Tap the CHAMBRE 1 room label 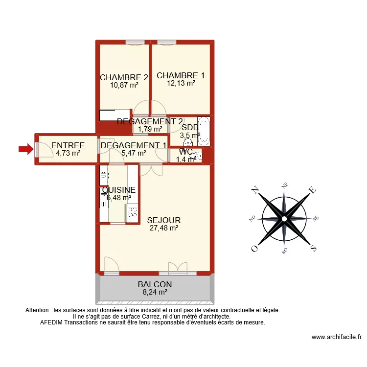coord(181,75)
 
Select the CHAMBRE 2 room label coord(124,77)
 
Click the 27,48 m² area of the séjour coord(163,228)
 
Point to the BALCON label coord(155,284)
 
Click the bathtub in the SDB coord(204,132)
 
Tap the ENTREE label coord(68,145)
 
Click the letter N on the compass coord(254,190)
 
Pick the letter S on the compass coord(313,249)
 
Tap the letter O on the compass coord(254,249)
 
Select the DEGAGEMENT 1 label coord(133,145)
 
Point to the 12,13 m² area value coord(181,83)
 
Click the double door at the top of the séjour coord(152,170)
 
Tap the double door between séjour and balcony coord(178,268)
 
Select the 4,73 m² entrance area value coord(68,153)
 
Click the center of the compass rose coord(284,219)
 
